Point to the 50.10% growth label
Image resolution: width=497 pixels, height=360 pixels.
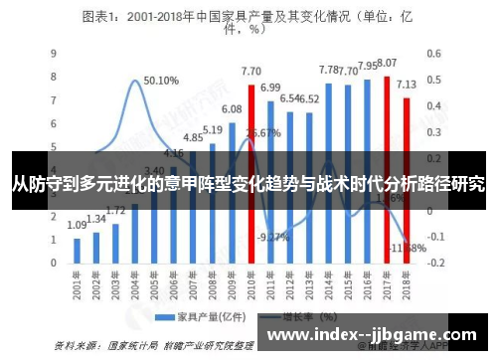[x=161, y=81]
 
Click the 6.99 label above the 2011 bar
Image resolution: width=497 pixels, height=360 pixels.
[x=270, y=88]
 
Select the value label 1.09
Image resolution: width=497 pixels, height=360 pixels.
[x=78, y=226]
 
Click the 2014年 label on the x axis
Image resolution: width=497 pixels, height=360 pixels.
[x=326, y=288]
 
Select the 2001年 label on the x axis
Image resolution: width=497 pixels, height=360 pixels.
[x=76, y=288]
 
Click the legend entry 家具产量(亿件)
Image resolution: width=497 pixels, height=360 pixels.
[x=203, y=318]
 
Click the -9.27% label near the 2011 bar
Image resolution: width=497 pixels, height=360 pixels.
[x=272, y=237]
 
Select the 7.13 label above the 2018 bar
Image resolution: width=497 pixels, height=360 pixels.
[x=407, y=84]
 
